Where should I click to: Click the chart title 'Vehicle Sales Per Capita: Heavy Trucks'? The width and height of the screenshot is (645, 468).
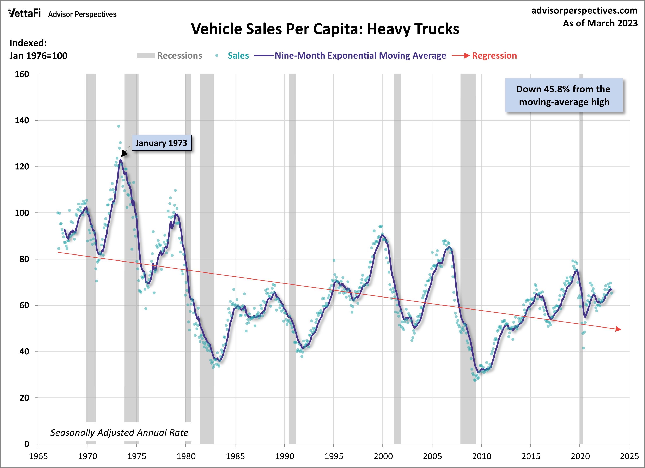coord(325,29)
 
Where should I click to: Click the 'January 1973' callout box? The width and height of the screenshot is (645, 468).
coord(162,143)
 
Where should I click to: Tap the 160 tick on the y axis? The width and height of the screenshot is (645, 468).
coord(22,74)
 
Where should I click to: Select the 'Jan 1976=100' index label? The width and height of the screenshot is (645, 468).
coord(38,56)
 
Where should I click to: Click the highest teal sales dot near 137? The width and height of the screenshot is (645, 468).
coord(118,126)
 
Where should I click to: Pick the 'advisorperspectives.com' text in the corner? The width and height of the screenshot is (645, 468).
coord(584,11)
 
